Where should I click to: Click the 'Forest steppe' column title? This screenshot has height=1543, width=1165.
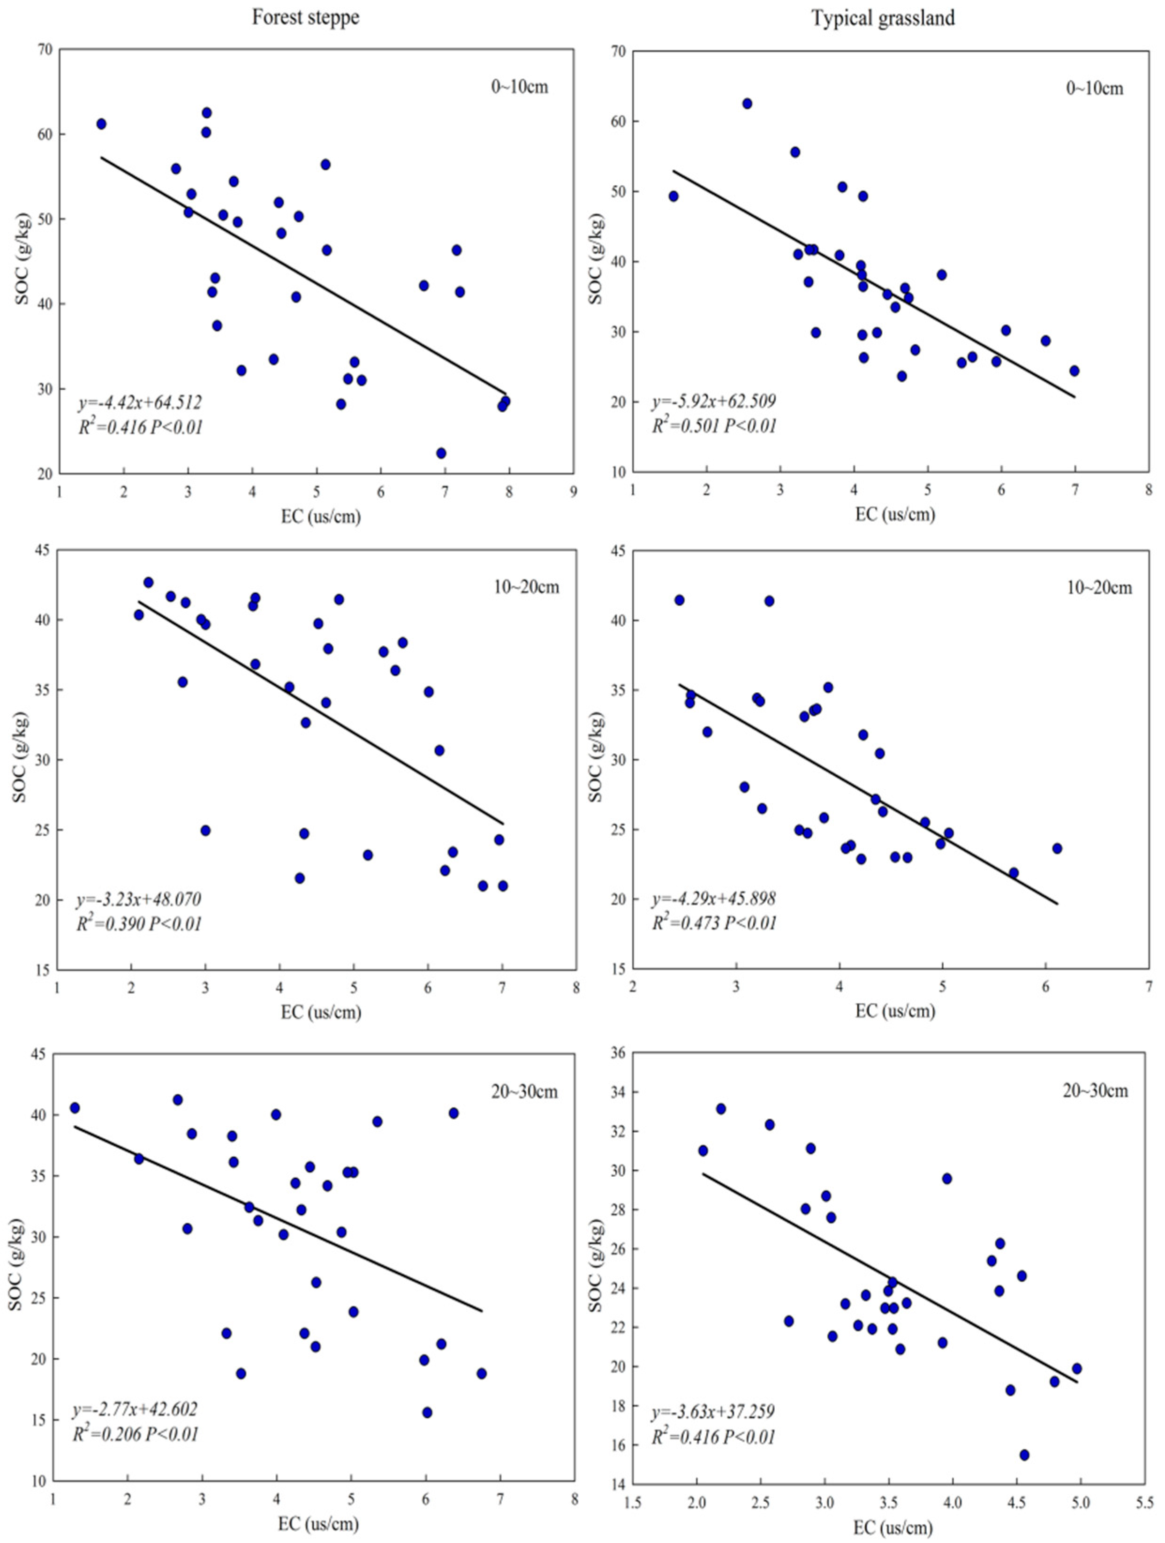click(305, 17)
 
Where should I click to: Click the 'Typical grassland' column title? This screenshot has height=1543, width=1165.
click(883, 17)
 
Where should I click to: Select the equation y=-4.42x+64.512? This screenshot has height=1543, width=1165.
click(139, 402)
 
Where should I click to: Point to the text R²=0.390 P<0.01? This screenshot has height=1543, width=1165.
click(139, 924)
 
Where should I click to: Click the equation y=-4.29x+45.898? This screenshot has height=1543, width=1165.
click(713, 899)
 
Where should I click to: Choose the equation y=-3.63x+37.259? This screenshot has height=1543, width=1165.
click(712, 1413)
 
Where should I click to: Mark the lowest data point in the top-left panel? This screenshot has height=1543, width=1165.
click(441, 454)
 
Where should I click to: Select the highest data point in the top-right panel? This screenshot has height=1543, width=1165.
click(747, 103)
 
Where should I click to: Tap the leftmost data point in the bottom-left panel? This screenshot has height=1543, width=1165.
click(75, 1108)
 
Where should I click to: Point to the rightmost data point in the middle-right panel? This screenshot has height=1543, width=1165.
click(1057, 848)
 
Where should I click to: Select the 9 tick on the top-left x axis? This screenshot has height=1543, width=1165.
click(573, 492)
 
